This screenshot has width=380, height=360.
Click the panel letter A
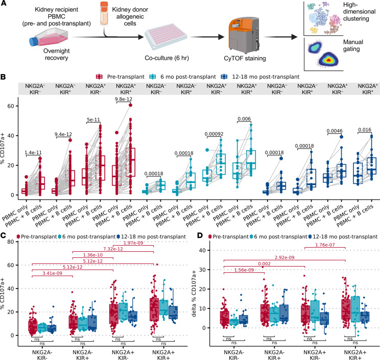point(4,4)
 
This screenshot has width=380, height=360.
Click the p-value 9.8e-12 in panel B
point(126,100)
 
